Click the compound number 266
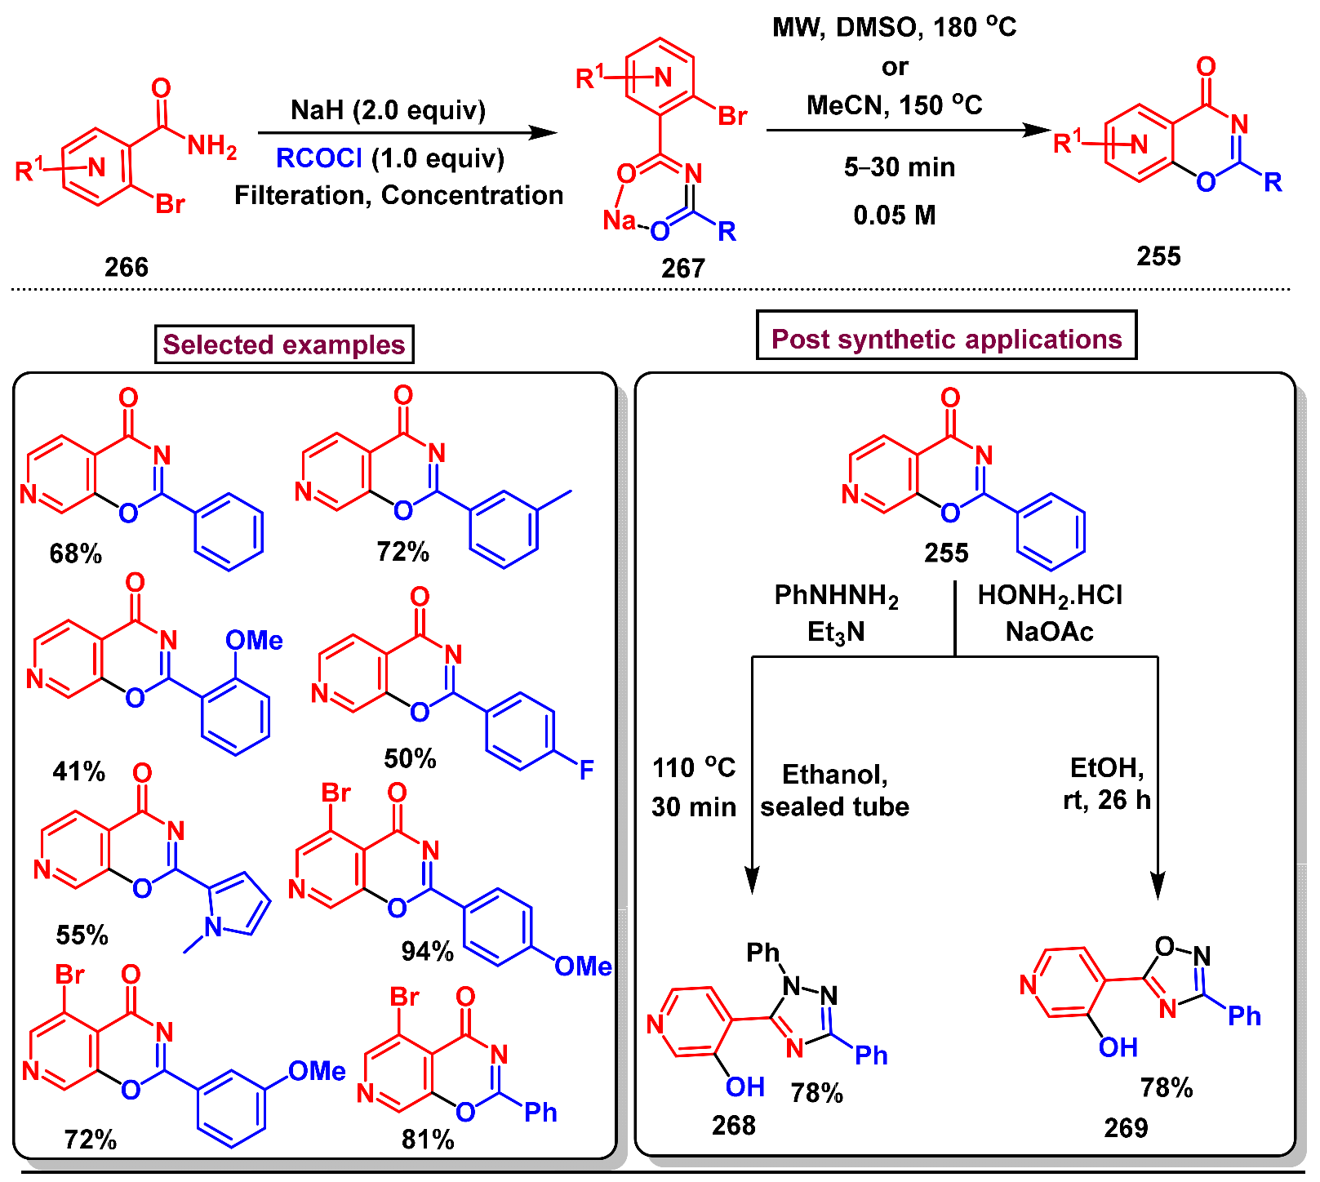click(127, 267)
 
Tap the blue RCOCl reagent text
click(318, 158)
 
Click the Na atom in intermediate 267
click(619, 220)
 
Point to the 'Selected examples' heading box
click(284, 344)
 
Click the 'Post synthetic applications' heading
click(946, 339)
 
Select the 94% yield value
click(427, 951)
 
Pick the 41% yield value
click(78, 771)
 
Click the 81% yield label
click(427, 1140)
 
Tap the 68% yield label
click(75, 553)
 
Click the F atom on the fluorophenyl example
click(586, 770)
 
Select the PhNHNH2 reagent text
click(836, 596)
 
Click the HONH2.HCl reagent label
click(1050, 596)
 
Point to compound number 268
click(733, 1126)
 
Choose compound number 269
click(1126, 1127)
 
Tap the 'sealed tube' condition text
click(834, 807)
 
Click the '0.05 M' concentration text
click(894, 216)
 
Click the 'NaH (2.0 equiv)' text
click(388, 110)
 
